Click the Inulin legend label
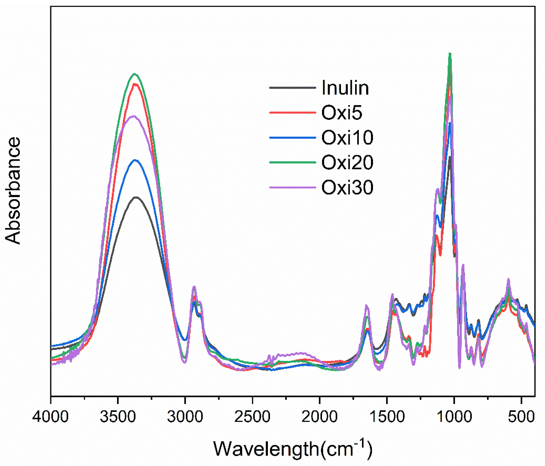click(345, 88)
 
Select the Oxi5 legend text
click(342, 113)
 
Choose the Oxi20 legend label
click(347, 162)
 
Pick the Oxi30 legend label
click(347, 187)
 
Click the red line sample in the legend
click(293, 113)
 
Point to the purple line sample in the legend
click(293, 187)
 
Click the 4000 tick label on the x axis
click(51, 417)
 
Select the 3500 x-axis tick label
click(118, 417)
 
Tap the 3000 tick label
click(185, 417)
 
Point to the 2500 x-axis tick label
click(252, 417)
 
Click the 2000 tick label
click(319, 417)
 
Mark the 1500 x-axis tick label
click(387, 417)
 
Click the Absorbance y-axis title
click(13, 191)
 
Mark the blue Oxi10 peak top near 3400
click(135, 160)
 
